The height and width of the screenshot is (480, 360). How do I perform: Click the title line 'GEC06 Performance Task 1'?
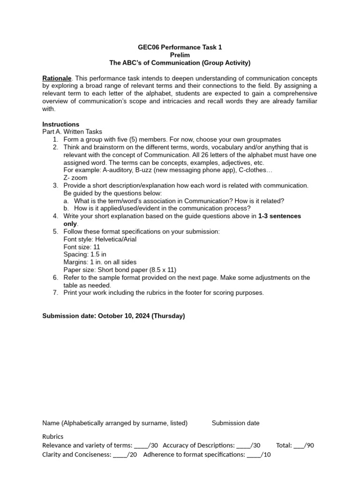pyautogui.click(x=180, y=47)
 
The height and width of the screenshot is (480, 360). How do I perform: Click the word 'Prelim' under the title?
pyautogui.click(x=180, y=55)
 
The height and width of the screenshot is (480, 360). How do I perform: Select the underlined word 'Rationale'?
pyautogui.click(x=57, y=78)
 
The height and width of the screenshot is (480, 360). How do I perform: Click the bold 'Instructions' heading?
pyautogui.click(x=60, y=124)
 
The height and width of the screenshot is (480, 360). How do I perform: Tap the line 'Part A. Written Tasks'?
pyautogui.click(x=72, y=132)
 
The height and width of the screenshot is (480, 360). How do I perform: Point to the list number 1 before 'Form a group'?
pyautogui.click(x=55, y=140)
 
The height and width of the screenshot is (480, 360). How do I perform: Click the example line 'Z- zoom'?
pyautogui.click(x=75, y=178)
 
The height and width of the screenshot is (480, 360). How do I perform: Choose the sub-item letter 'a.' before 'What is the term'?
pyautogui.click(x=66, y=201)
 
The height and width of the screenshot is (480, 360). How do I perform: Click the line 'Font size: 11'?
pyautogui.click(x=82, y=247)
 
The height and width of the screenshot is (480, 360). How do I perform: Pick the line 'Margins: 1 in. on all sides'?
pyautogui.click(x=100, y=262)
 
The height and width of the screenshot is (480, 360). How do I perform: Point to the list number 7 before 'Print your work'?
pyautogui.click(x=55, y=292)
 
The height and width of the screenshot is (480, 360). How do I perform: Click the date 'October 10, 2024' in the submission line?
pyautogui.click(x=124, y=316)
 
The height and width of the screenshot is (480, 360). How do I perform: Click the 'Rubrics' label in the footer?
pyautogui.click(x=52, y=436)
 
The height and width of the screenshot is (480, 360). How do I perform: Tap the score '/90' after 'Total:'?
pyautogui.click(x=308, y=445)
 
